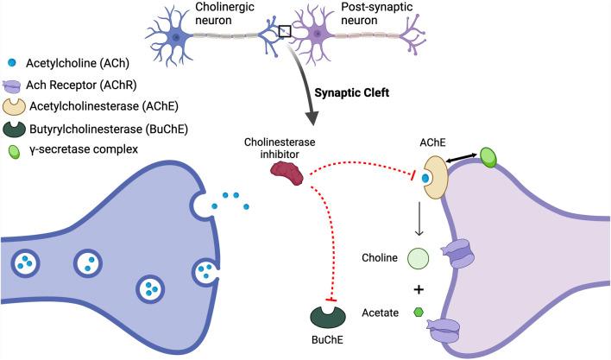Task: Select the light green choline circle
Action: pos(418,257)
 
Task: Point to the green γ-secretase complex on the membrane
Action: pos(488,157)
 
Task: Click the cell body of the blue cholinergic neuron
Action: pos(177,36)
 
